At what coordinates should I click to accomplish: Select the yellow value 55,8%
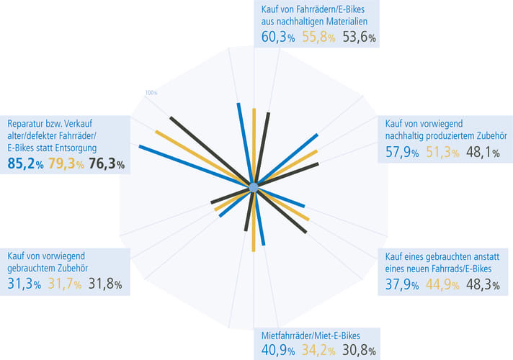click(x=319, y=37)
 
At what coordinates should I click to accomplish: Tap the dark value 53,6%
click(x=359, y=37)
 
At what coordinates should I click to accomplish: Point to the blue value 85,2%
click(x=25, y=163)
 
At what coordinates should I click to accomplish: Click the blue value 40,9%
click(x=278, y=352)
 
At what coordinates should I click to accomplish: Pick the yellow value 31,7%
click(x=65, y=284)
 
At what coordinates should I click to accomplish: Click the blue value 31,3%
click(x=25, y=284)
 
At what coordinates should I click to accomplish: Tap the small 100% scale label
click(x=151, y=93)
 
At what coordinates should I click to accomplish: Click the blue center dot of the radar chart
click(x=253, y=188)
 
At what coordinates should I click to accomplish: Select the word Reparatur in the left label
click(x=27, y=122)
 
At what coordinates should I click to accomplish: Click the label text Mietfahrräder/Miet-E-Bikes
click(x=310, y=336)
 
